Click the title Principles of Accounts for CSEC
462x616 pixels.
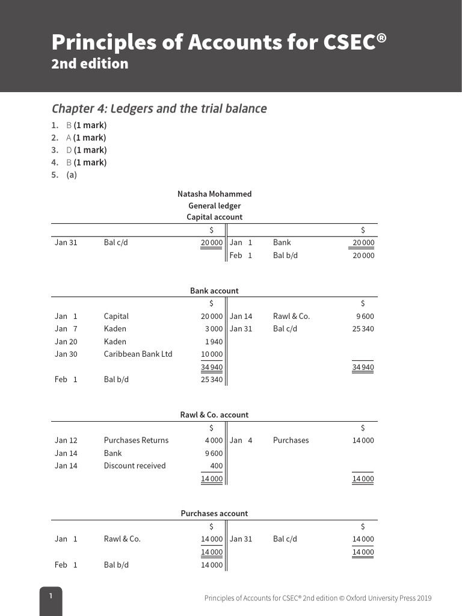(219, 42)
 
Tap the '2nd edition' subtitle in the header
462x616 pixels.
(90, 64)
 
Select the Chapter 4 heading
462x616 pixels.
(159, 109)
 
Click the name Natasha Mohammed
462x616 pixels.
(214, 194)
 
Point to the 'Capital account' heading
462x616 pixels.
(214, 217)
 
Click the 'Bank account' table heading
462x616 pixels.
(214, 291)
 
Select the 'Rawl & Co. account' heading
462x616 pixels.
(214, 414)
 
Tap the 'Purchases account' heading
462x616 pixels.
(214, 513)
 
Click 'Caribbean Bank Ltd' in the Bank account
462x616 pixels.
(138, 354)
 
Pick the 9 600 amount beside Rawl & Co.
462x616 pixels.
(365, 316)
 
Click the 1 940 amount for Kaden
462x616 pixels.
(214, 341)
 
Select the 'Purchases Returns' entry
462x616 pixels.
(136, 440)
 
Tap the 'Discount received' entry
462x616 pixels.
(134, 465)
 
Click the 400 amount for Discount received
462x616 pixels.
(216, 465)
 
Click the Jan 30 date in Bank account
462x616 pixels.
(66, 354)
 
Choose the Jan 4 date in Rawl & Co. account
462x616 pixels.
(241, 440)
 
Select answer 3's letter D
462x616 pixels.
(69, 150)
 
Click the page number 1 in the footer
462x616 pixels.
(51, 596)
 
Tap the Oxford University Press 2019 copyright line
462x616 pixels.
(318, 598)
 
